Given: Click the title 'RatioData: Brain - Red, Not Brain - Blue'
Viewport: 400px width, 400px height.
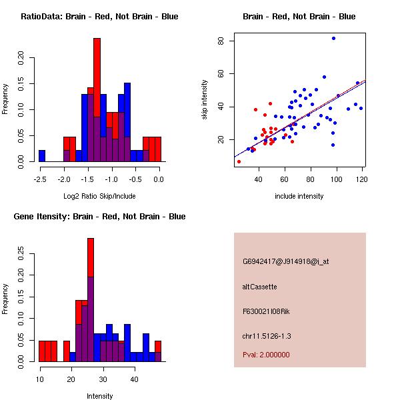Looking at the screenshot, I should point(99,17).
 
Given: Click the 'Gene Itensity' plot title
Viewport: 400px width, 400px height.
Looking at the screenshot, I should point(99,217).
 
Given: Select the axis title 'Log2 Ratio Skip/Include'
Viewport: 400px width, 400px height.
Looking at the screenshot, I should point(99,195).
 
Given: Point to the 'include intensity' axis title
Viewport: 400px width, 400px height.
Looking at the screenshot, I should point(299,195).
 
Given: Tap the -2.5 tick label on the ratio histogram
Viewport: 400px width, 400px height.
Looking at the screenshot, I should point(41,179).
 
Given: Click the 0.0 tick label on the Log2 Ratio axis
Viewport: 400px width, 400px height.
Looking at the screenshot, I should point(159,179).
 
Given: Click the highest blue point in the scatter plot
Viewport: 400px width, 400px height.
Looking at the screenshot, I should point(333,39).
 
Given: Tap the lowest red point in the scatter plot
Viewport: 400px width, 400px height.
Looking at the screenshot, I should point(239,161).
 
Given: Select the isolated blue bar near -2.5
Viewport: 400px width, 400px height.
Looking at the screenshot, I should point(42,156).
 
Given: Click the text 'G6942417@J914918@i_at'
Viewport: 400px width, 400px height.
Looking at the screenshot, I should point(286,261).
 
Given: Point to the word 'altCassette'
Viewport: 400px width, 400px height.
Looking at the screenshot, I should point(259,287).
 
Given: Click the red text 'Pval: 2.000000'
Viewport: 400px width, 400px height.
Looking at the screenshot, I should point(266,355).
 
